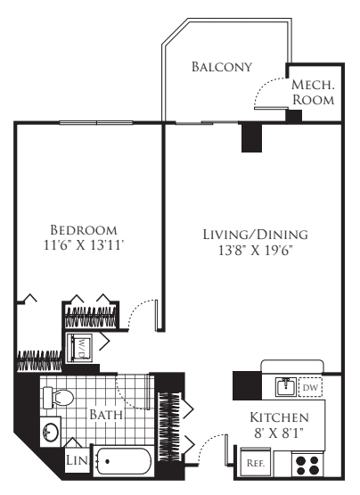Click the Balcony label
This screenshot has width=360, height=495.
click(222, 67)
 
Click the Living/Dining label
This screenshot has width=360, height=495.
click(254, 235)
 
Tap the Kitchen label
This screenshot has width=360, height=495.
click(279, 418)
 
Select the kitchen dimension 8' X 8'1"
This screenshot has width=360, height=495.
click(279, 434)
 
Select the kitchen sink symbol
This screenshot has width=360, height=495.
click(285, 387)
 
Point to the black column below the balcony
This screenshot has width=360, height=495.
click(252, 137)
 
